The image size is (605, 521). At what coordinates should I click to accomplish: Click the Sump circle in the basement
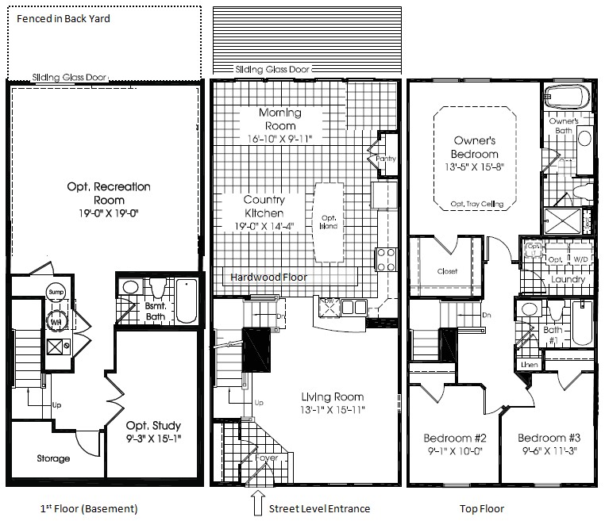(x=56, y=292)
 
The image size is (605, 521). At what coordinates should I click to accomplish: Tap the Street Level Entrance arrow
(x=256, y=503)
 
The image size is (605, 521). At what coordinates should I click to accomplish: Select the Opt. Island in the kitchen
(x=329, y=222)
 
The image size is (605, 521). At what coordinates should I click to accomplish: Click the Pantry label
(x=386, y=159)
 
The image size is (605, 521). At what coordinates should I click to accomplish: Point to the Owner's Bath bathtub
(x=568, y=98)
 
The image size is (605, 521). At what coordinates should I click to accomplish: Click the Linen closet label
(x=529, y=363)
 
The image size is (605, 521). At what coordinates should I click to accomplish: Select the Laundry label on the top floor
(x=568, y=279)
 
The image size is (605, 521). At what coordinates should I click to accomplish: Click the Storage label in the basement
(x=53, y=458)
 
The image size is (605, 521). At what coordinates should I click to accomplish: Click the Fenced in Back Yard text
(x=64, y=17)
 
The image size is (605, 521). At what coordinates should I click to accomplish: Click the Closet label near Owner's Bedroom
(x=448, y=270)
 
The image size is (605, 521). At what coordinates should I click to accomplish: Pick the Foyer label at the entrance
(x=267, y=458)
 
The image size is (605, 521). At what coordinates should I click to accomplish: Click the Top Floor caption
(x=482, y=508)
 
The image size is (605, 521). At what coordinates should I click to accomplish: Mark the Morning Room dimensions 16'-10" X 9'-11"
(x=279, y=139)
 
